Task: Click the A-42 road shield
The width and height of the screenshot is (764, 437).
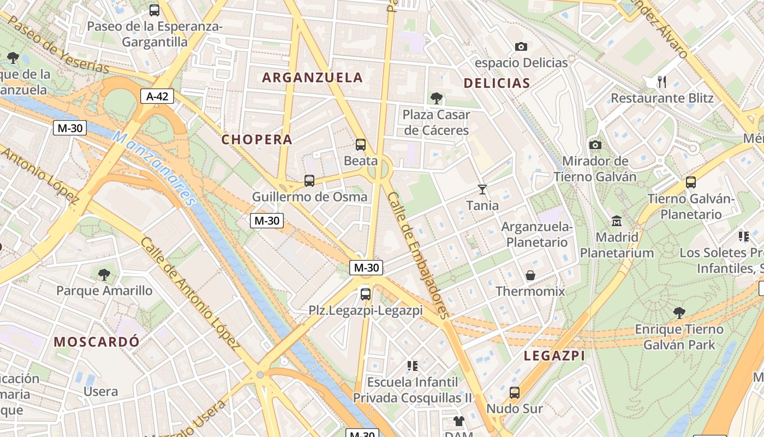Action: point(157,97)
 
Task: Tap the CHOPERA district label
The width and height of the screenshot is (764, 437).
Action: point(257,139)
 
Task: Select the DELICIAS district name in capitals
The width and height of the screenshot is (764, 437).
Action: point(497,83)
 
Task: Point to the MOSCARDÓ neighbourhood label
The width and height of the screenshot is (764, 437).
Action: point(97,342)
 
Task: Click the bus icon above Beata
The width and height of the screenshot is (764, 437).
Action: point(361,145)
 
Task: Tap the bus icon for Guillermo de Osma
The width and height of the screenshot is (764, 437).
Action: point(309,181)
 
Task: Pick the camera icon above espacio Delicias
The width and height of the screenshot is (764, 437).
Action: point(521,47)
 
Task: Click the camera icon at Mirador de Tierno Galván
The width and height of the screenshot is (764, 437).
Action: point(595,145)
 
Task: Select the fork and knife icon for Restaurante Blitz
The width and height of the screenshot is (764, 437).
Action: point(662,82)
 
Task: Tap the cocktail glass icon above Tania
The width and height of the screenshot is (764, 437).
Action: point(482,190)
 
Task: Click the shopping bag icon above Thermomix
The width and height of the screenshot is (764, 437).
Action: point(530,275)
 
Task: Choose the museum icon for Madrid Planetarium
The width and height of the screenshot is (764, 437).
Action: point(617,221)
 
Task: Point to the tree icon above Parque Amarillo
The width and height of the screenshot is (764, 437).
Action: point(104,274)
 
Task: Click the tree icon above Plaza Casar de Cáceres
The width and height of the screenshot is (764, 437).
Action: point(436,98)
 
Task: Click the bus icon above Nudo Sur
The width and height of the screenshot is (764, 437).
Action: point(515,393)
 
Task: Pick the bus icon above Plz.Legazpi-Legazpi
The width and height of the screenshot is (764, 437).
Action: point(366,294)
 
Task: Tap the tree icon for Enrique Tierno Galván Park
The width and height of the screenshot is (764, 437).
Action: point(679,313)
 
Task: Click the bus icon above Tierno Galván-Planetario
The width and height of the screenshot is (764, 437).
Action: point(691,182)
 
